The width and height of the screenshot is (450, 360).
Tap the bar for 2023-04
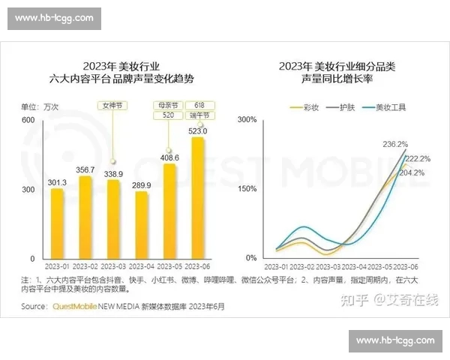pyautogui.click(x=142, y=224)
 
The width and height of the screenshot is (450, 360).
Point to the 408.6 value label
pyautogui.click(x=169, y=157)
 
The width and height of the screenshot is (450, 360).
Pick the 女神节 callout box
pyautogui.click(x=112, y=106)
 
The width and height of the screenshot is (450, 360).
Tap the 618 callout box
pyautogui.click(x=199, y=106)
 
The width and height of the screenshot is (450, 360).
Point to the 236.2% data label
pyautogui.click(x=394, y=144)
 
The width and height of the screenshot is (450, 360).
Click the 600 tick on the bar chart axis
pyautogui.click(x=28, y=120)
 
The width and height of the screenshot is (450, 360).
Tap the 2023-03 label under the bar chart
pyautogui.click(x=113, y=266)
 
